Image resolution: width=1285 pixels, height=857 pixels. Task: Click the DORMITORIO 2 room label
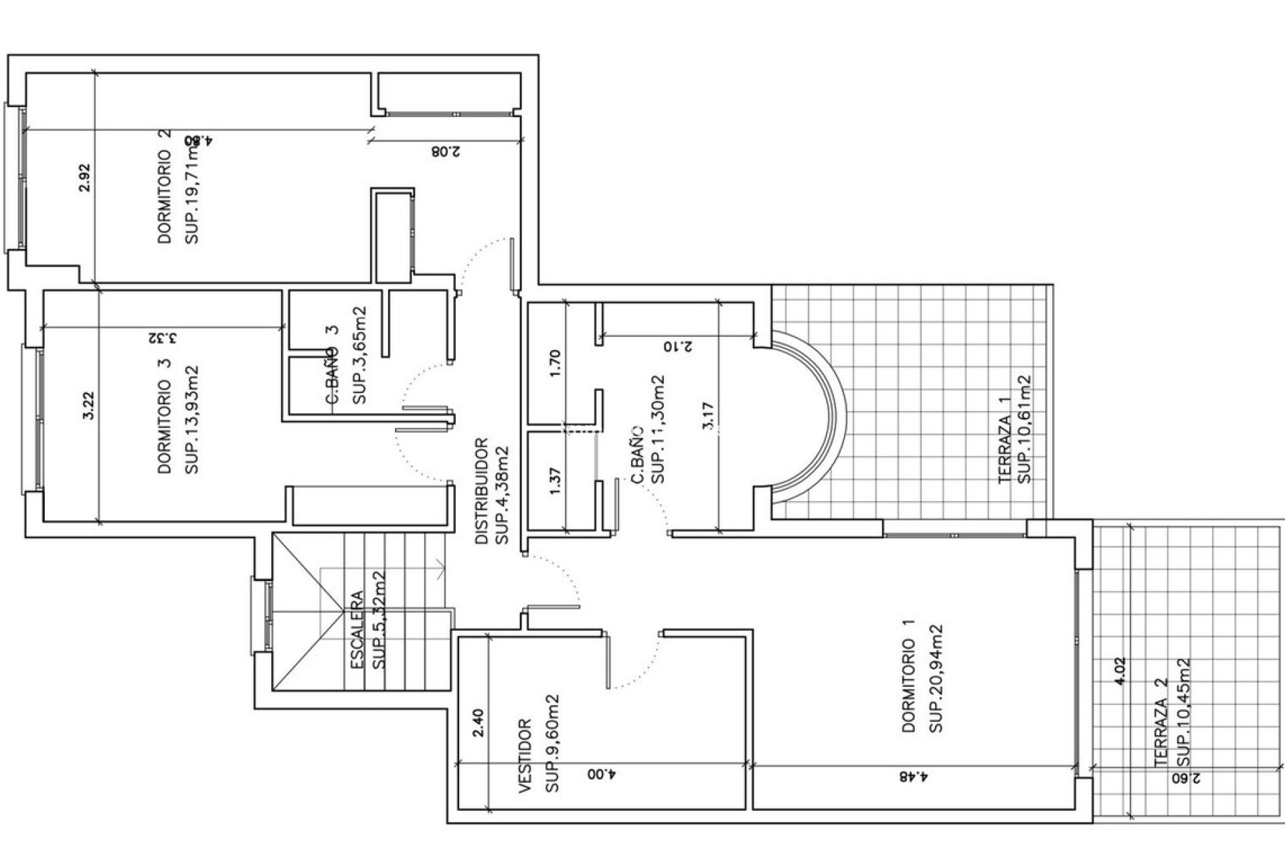point(165,187)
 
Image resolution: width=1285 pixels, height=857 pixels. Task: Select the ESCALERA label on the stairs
point(357,629)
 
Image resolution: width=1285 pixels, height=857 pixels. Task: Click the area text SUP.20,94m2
point(936,678)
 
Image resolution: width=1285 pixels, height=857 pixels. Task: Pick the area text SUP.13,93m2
point(192,420)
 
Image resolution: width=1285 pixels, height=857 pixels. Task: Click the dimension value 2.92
point(84,178)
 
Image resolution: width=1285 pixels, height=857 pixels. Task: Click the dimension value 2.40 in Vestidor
point(478,723)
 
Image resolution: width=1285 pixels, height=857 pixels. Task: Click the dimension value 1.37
point(554,481)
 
